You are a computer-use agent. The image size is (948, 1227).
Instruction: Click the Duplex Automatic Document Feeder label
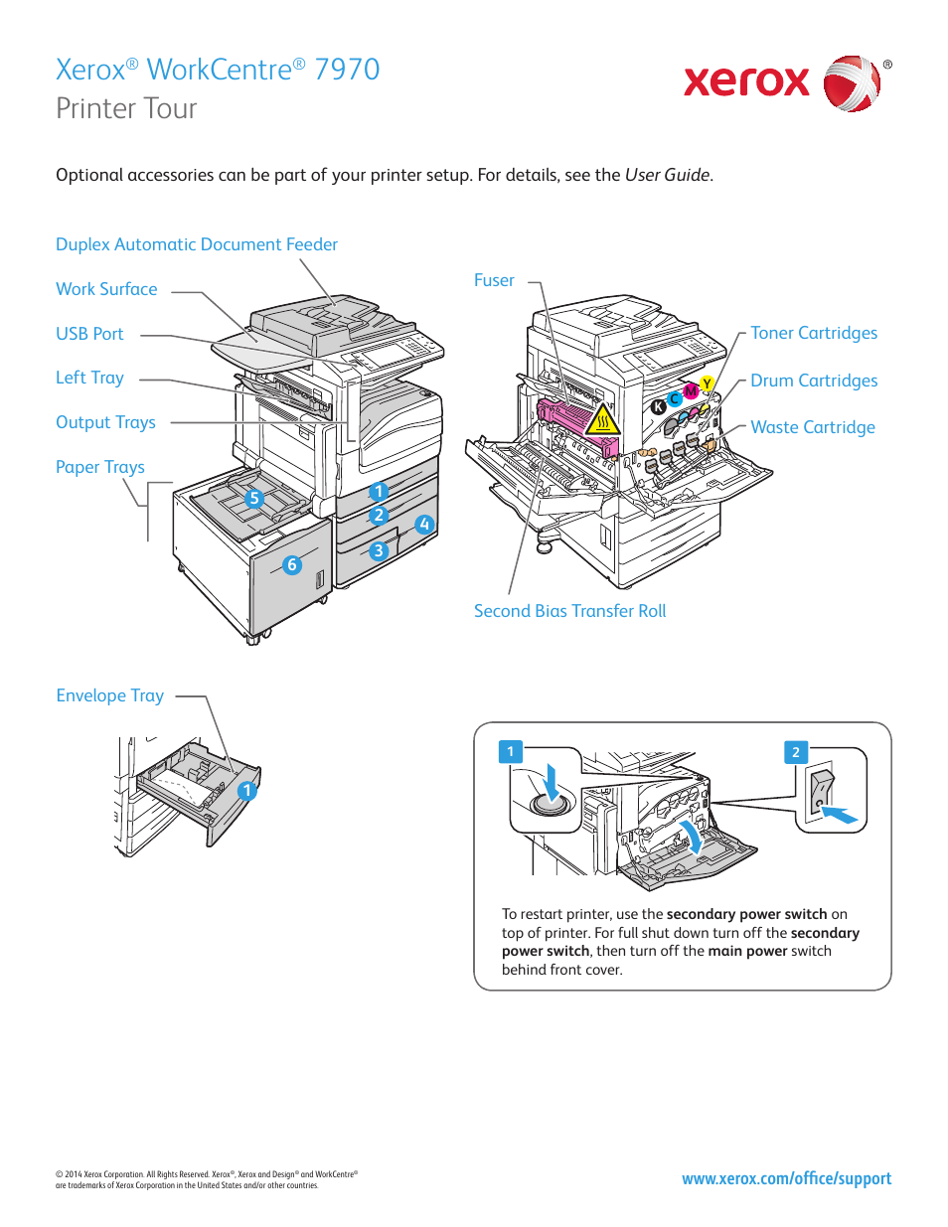(197, 244)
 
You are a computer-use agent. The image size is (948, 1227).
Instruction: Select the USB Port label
(89, 334)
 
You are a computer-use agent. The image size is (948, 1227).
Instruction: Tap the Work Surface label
(106, 289)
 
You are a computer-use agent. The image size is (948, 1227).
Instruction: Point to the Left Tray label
(89, 378)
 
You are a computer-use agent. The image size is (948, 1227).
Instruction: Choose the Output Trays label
(105, 422)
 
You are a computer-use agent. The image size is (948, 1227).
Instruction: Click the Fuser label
(494, 281)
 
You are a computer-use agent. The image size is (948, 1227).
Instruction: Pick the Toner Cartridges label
(813, 333)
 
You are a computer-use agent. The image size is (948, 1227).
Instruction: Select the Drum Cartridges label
(813, 381)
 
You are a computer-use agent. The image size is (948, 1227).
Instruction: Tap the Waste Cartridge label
(812, 427)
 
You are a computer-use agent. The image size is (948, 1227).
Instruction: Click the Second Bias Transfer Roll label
(569, 611)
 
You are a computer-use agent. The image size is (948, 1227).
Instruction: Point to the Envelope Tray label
(109, 695)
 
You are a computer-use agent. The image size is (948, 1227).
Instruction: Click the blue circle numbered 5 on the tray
(254, 499)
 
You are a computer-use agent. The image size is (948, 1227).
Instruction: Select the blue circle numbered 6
(291, 564)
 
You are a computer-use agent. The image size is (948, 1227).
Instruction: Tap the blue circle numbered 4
(424, 524)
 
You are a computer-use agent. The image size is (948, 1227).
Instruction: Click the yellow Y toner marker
(707, 383)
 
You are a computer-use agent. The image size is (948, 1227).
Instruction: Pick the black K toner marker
(658, 406)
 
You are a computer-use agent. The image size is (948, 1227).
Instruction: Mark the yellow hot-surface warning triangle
(602, 421)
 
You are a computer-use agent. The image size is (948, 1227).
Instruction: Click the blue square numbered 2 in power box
(795, 752)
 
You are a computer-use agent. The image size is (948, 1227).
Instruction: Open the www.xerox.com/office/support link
(786, 1178)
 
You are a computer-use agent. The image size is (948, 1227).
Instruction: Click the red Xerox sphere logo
(852, 83)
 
